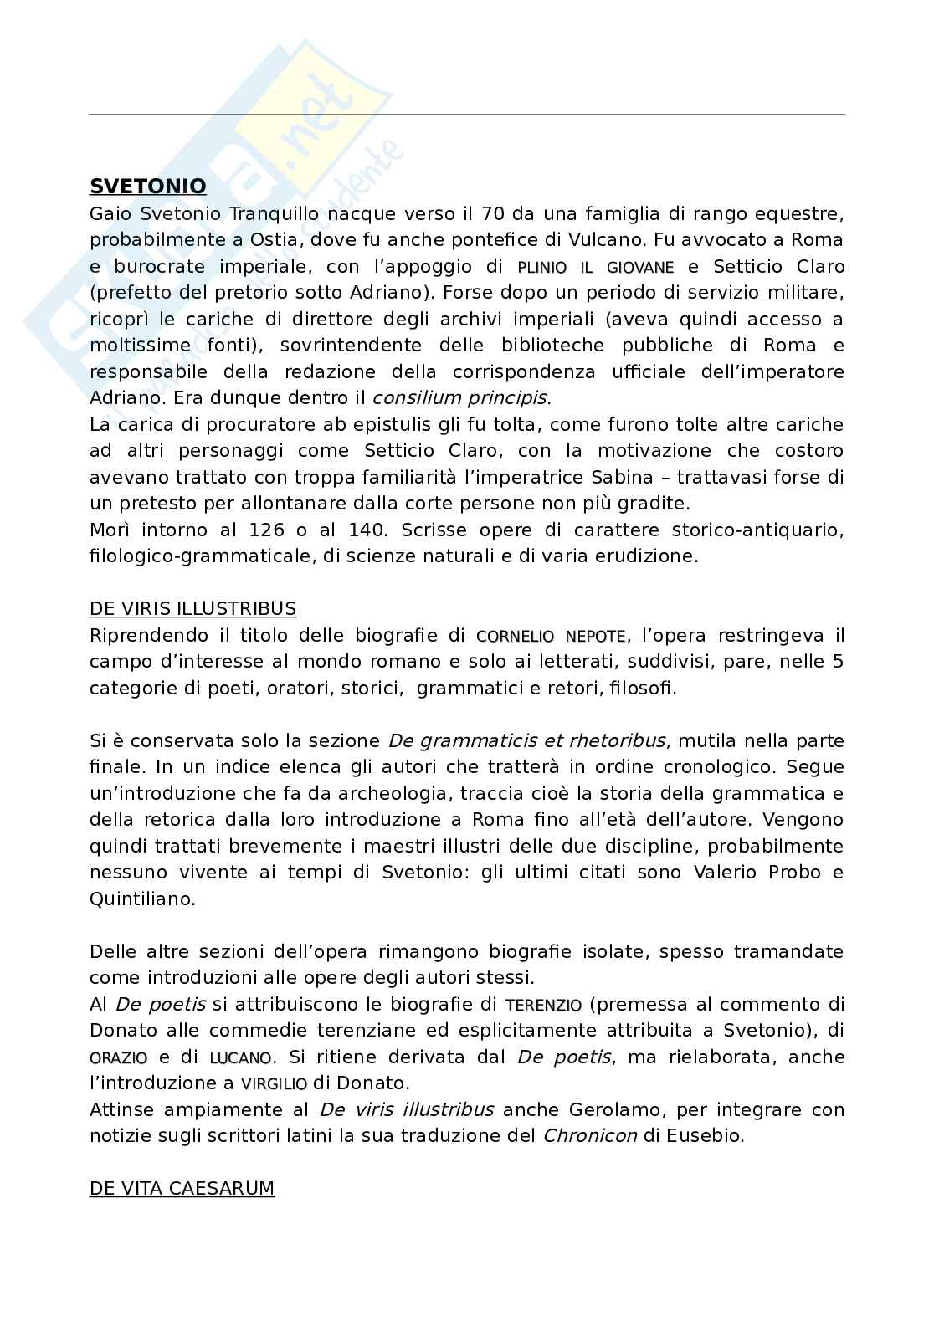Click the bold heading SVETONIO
click(147, 186)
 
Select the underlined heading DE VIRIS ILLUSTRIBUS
click(192, 608)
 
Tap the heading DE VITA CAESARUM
click(182, 1188)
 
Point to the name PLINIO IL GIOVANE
click(595, 268)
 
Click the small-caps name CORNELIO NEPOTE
click(551, 636)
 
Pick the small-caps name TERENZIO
click(543, 1005)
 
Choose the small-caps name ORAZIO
click(119, 1057)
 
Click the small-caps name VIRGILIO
click(274, 1084)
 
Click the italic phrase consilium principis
click(459, 397)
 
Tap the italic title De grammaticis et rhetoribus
click(526, 740)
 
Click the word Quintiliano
click(142, 899)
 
